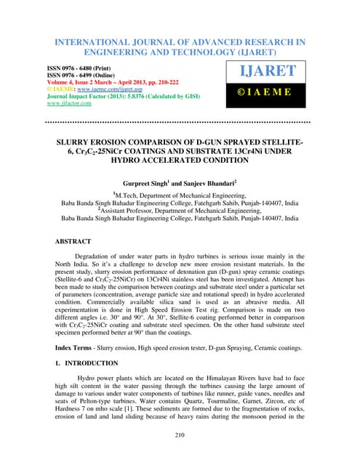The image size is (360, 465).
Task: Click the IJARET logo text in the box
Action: tap(271, 70)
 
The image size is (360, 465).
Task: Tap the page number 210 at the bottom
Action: tap(180, 435)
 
